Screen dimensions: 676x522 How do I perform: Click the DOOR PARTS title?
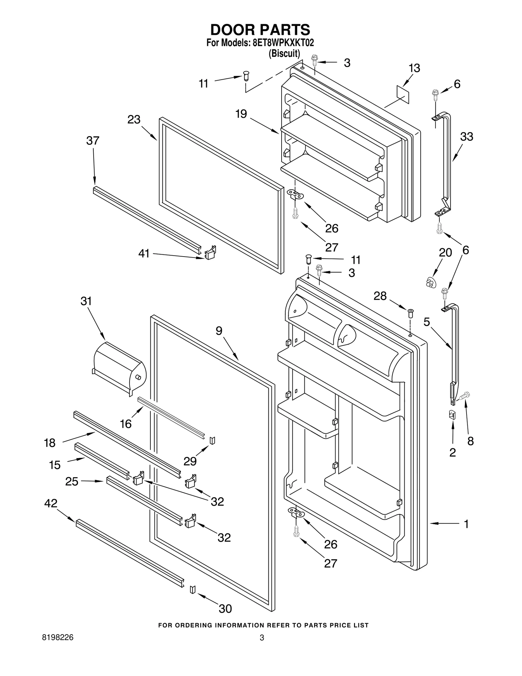click(260, 30)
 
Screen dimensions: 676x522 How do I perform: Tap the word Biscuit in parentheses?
click(284, 53)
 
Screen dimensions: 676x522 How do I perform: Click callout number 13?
click(414, 69)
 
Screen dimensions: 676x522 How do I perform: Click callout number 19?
click(241, 114)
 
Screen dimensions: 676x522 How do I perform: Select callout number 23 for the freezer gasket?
click(134, 120)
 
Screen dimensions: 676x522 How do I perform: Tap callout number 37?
click(93, 141)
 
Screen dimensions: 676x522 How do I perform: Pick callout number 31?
click(86, 301)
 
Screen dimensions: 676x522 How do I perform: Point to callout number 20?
click(445, 253)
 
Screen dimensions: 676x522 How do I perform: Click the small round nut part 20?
click(431, 282)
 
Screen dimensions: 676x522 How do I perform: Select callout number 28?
click(380, 296)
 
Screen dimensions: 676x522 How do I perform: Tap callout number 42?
click(51, 503)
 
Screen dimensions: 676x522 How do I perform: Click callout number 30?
click(225, 608)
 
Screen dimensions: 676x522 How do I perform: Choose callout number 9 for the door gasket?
click(219, 331)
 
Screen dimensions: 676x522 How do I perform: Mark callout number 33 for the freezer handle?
click(467, 136)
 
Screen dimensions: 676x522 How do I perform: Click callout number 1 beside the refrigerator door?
click(466, 524)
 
